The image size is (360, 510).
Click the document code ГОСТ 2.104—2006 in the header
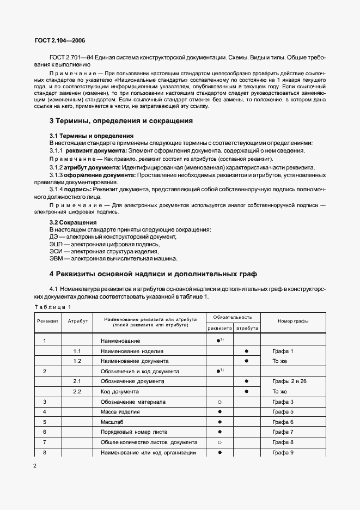59,41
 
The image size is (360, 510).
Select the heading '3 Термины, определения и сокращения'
121,121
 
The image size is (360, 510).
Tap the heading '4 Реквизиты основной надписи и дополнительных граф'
153,274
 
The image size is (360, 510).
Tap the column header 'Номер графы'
292,321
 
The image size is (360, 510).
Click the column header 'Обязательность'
233,317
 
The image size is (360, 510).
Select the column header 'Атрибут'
77,321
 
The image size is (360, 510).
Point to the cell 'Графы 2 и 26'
289,381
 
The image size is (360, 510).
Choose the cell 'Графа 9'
283,452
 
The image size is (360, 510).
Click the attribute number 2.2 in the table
77,391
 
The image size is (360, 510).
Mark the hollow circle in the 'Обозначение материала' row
219,402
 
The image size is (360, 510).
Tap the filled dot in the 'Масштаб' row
219,422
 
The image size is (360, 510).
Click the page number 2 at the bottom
35,466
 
